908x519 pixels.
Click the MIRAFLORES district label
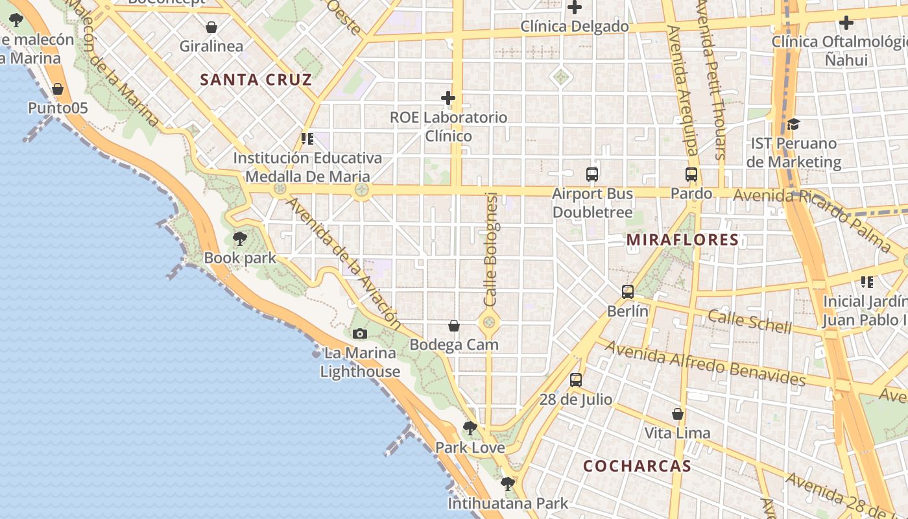click(x=682, y=240)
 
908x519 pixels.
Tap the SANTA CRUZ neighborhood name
click(x=256, y=80)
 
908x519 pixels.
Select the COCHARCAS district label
click(x=637, y=466)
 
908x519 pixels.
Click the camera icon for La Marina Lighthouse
click(x=360, y=334)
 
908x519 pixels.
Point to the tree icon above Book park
click(x=240, y=239)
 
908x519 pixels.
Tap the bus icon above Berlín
click(x=627, y=292)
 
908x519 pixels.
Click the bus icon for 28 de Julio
click(x=576, y=380)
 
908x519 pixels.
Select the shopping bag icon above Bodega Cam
click(x=454, y=326)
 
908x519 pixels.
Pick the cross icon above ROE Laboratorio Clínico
click(x=448, y=99)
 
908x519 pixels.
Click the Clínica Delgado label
click(x=575, y=27)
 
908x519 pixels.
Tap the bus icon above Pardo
click(x=691, y=175)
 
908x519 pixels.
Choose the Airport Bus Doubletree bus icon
click(x=592, y=175)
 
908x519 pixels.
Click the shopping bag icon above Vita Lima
click(x=678, y=414)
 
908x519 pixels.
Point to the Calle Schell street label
click(x=749, y=320)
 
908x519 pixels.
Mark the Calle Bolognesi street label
click(x=491, y=250)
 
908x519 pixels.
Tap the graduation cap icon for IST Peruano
click(x=793, y=125)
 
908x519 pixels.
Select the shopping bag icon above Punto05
click(x=58, y=89)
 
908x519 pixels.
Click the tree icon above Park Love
click(x=470, y=428)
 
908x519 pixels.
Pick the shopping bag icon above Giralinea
click(x=211, y=27)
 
